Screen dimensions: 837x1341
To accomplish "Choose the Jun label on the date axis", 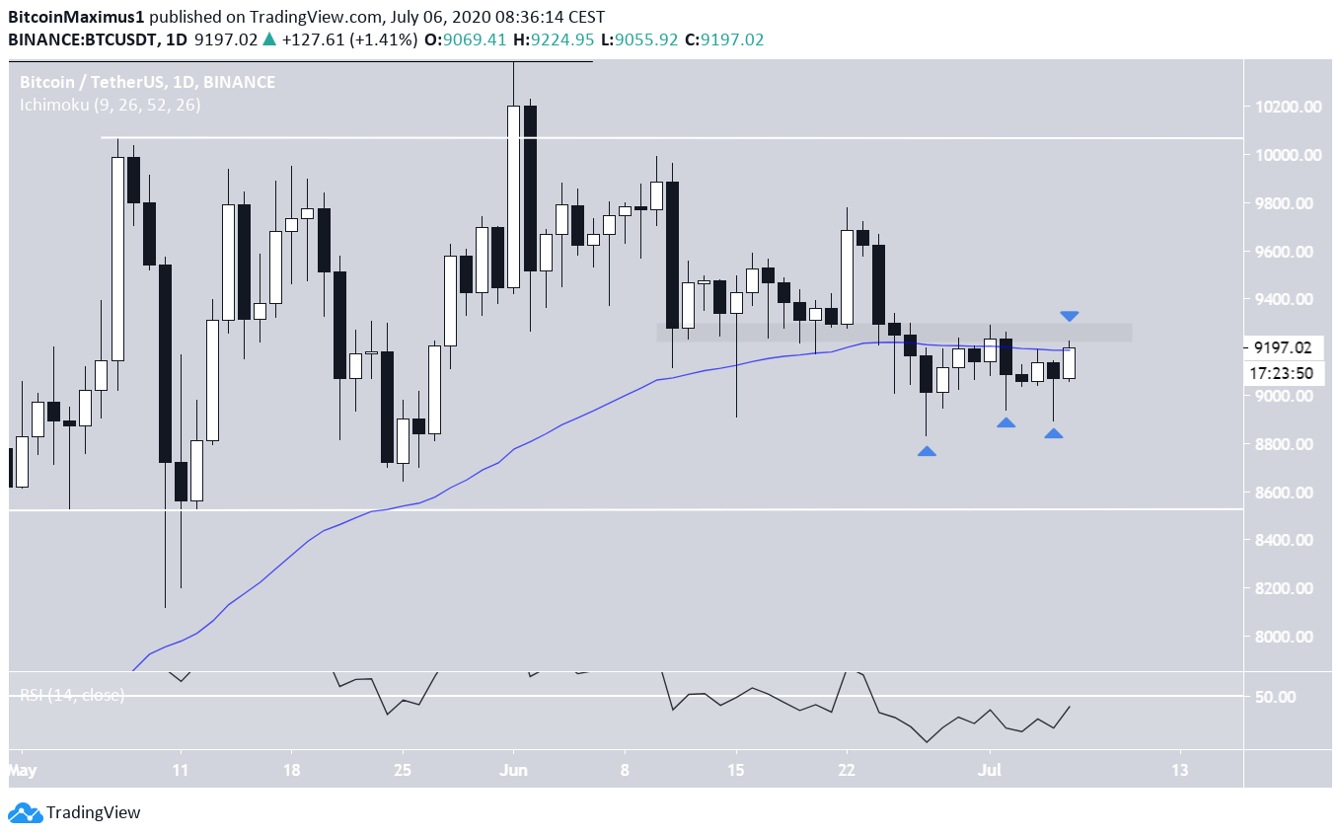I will (x=513, y=769).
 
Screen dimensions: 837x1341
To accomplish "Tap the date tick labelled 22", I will (x=846, y=769).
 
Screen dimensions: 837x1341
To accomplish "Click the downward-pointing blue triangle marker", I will (x=1070, y=316).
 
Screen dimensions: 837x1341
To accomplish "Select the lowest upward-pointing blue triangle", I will (x=927, y=451).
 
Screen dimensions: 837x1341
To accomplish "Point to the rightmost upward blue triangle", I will (x=1054, y=433).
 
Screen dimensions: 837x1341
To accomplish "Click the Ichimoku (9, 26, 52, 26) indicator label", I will (x=110, y=105).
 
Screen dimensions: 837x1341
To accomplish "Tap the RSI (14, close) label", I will (x=72, y=695).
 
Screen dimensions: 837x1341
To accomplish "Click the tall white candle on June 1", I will (x=513, y=196).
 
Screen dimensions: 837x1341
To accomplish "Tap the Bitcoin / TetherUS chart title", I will (x=147, y=83).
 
